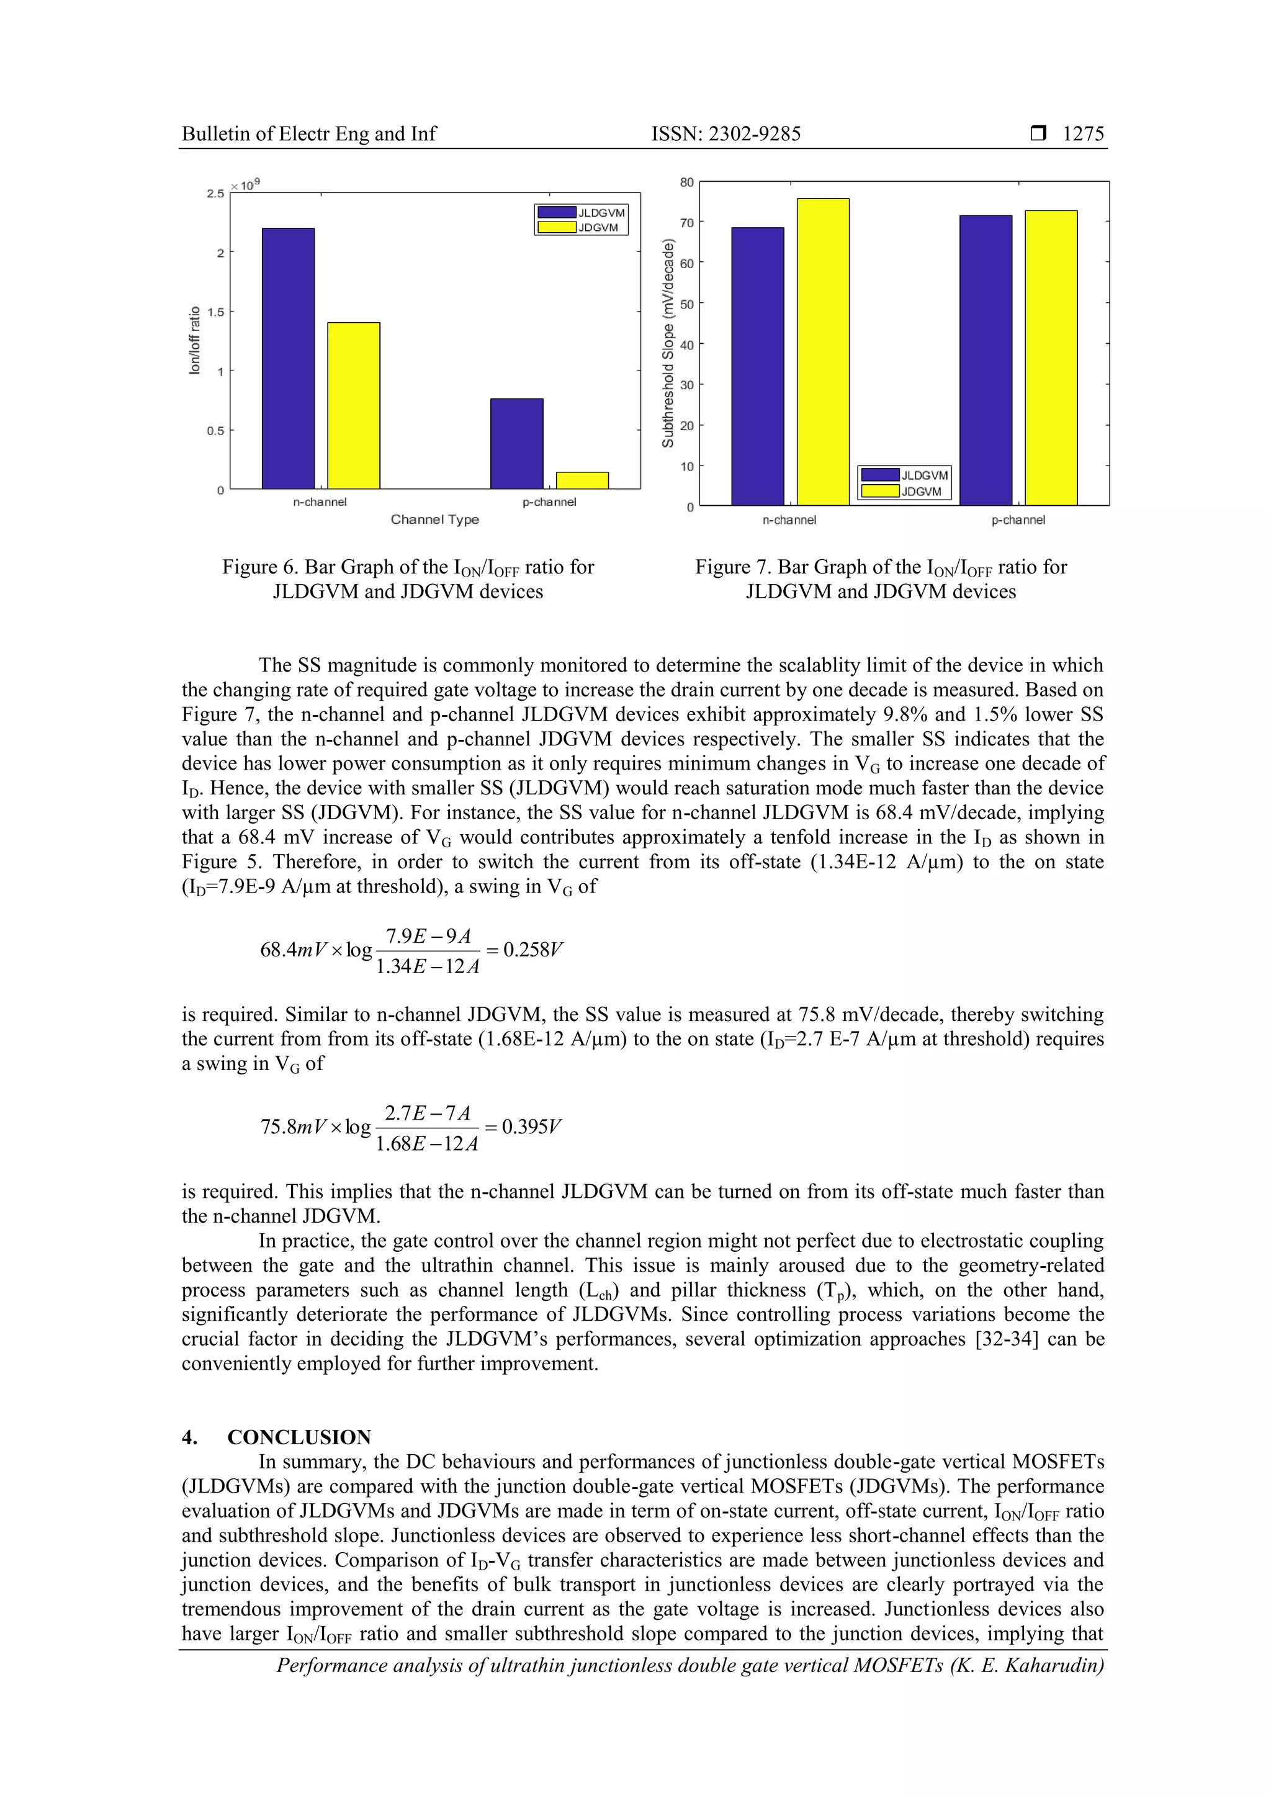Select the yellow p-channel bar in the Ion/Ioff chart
(x=582, y=481)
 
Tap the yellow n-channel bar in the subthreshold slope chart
(x=823, y=353)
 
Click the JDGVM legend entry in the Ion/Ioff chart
(x=580, y=228)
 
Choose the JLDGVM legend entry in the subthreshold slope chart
(x=904, y=475)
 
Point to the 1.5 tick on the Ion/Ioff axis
(x=215, y=312)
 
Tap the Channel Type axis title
(x=434, y=519)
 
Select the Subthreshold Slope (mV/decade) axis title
(x=668, y=344)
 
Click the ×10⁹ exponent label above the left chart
(x=245, y=185)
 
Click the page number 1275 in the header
(x=1083, y=134)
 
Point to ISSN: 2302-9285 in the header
(x=726, y=134)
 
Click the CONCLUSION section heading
(x=299, y=1438)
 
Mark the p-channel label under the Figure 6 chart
(x=549, y=502)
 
